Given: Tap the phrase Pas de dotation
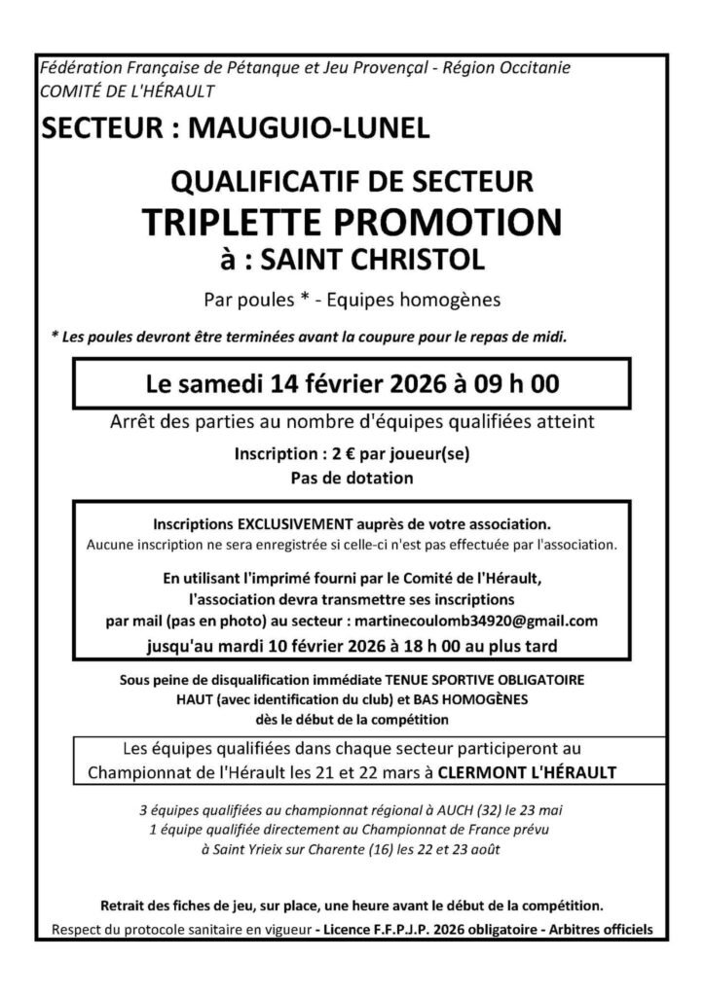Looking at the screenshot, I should click(352, 478).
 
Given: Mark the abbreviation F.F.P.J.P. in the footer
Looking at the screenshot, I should click(396, 929).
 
